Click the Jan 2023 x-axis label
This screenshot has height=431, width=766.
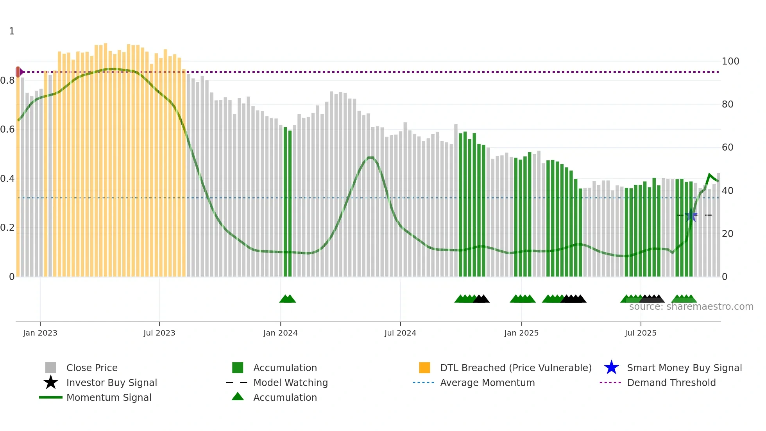click(40, 333)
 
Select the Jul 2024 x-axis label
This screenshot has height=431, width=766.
click(400, 333)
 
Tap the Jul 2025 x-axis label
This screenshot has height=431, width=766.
click(641, 333)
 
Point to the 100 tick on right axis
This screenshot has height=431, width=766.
click(730, 61)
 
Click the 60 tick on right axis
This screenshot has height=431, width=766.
click(728, 147)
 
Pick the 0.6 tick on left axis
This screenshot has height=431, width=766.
click(8, 129)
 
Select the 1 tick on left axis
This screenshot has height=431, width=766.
click(12, 31)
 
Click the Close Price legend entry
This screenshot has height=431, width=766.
click(92, 368)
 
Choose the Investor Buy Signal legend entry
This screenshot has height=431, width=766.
click(111, 383)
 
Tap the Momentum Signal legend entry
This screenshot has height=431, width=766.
click(109, 398)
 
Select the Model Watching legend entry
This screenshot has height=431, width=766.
click(290, 383)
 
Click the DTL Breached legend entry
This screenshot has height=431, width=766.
click(515, 368)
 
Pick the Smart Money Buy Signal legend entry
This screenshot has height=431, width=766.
click(684, 368)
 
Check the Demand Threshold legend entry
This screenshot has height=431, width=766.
click(671, 383)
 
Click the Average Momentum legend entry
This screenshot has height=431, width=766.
click(487, 383)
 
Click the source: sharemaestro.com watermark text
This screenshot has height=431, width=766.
click(691, 307)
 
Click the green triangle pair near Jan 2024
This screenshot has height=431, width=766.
click(288, 299)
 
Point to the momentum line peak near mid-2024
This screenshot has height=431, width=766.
click(370, 158)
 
